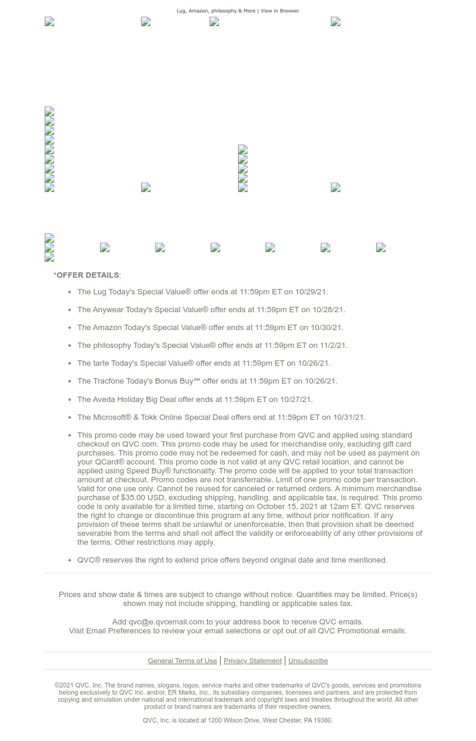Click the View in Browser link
pyautogui.click(x=280, y=11)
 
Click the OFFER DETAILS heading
pyautogui.click(x=87, y=275)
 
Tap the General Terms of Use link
pyautogui.click(x=182, y=661)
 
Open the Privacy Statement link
pyautogui.click(x=252, y=661)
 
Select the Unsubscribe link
pyautogui.click(x=308, y=661)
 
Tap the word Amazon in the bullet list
pyautogui.click(x=107, y=328)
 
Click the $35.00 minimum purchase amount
pyautogui.click(x=133, y=498)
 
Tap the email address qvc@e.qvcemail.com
pyautogui.click(x=166, y=622)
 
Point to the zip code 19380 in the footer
pyautogui.click(x=322, y=721)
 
